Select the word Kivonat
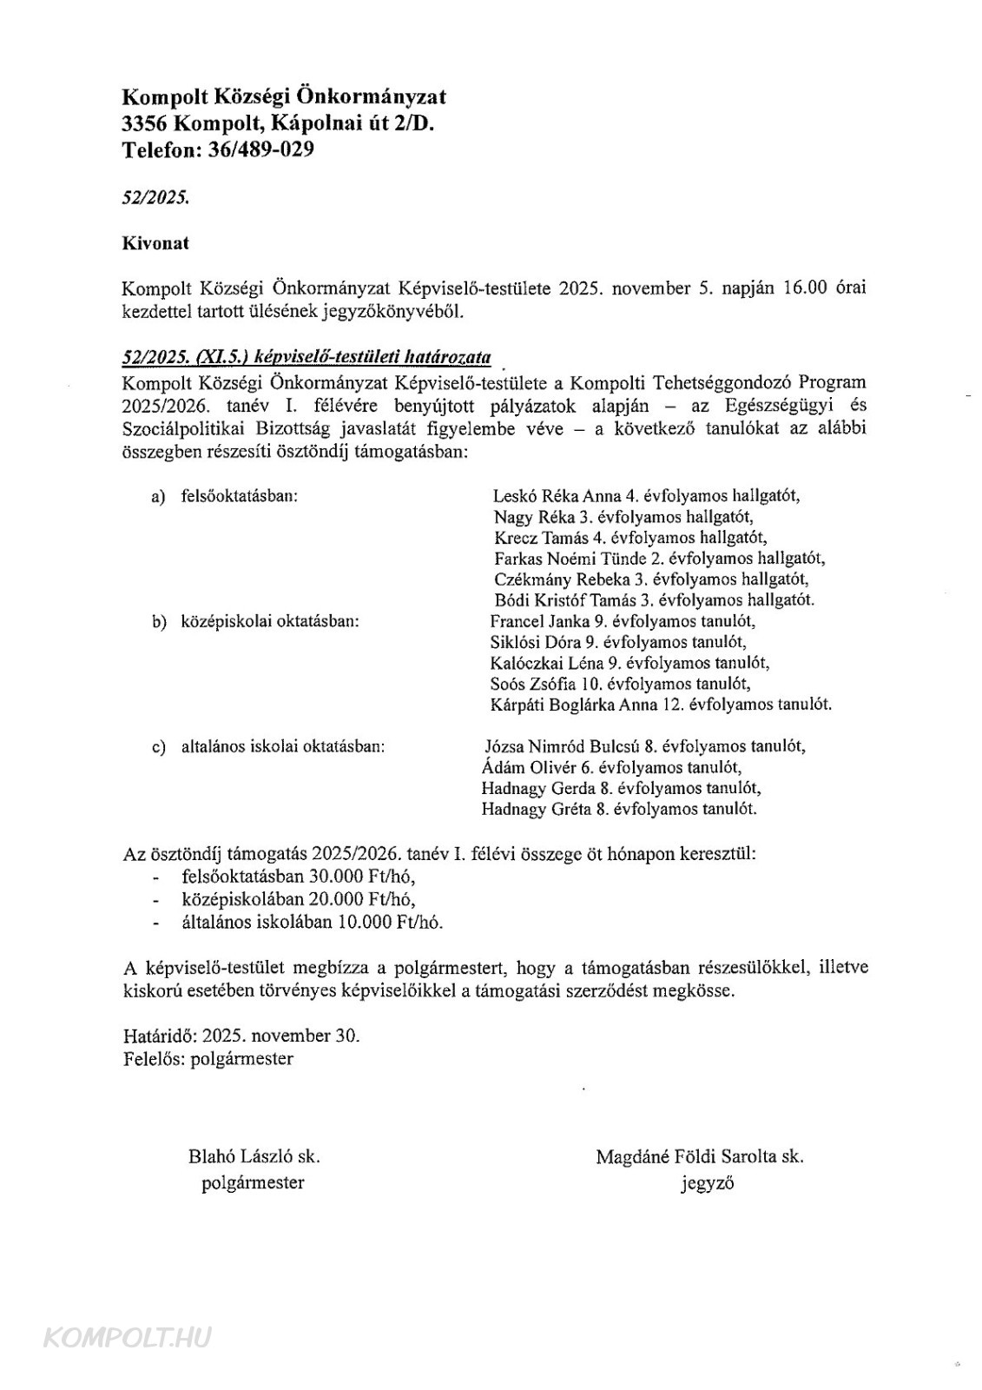click(155, 243)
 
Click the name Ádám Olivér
click(524, 768)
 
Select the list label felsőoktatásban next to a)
click(240, 497)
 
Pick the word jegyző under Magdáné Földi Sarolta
click(708, 1183)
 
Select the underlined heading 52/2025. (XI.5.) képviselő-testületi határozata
click(306, 357)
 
